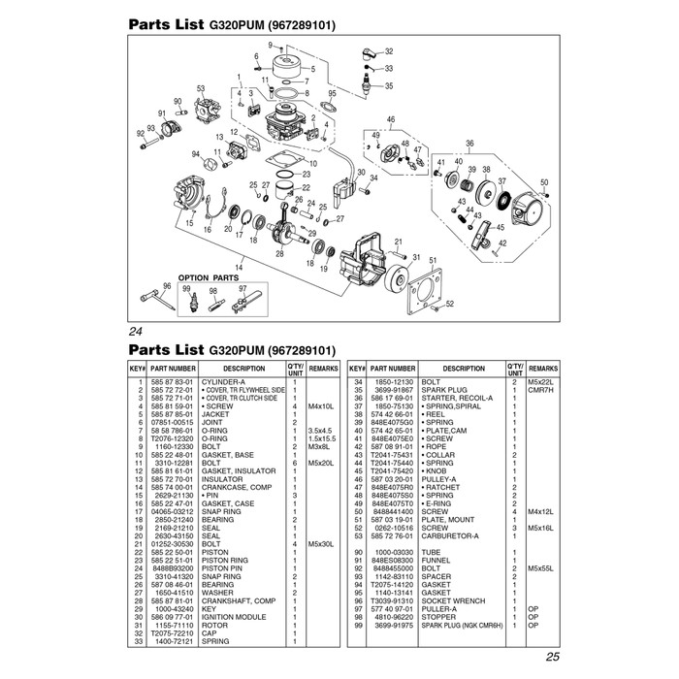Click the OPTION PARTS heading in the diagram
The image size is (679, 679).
(208, 277)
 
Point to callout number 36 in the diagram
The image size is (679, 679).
(469, 144)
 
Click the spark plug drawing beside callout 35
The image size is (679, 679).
(365, 85)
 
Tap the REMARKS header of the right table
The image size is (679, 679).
(544, 369)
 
